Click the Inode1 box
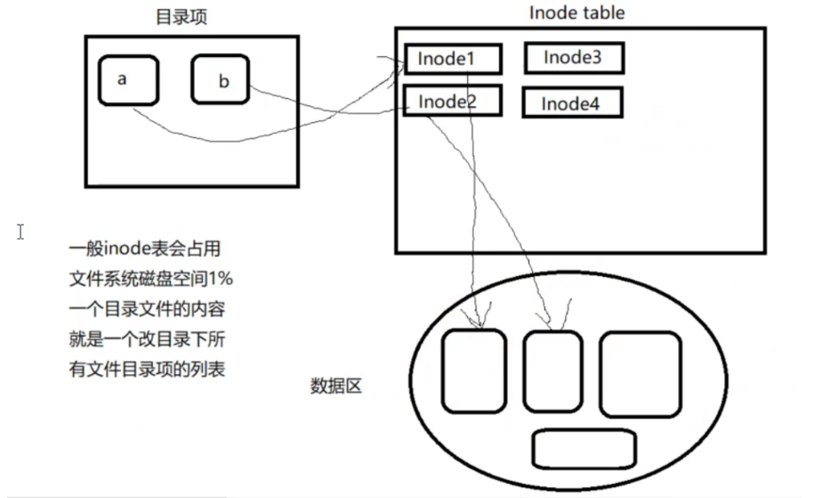coord(453,59)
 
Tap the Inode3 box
coord(573,58)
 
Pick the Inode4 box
coord(571,103)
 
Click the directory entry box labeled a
coord(128,80)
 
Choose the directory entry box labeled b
coord(220,79)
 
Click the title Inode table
coord(576,12)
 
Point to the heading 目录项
coord(181,17)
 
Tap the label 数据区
coord(335,386)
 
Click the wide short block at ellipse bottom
coord(584,448)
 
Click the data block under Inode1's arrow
coord(473,372)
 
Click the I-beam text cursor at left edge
coord(20,232)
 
